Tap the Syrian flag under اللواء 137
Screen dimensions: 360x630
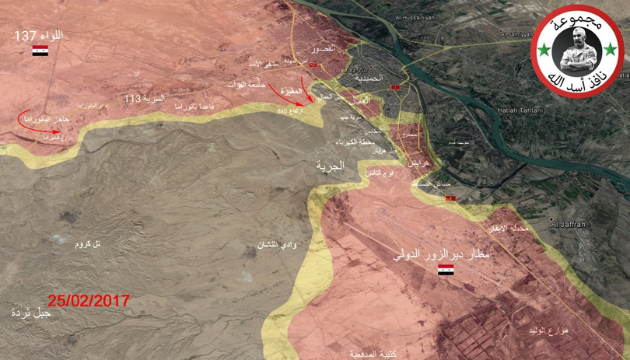40,51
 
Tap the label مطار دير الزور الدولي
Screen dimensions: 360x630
443,254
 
